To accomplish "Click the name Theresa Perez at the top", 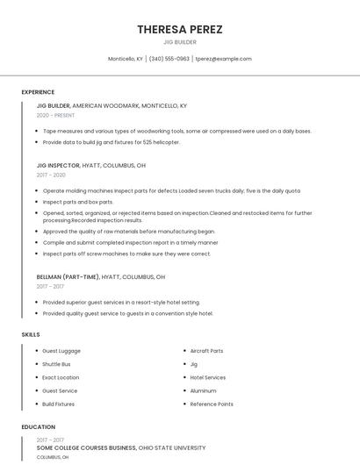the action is [x=179, y=29].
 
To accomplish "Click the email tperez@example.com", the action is [x=223, y=59].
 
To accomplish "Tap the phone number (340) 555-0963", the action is [x=169, y=59].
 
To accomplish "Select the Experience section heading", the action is [x=38, y=92].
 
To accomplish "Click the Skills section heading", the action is [x=30, y=334].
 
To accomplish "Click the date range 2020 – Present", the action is [x=55, y=115].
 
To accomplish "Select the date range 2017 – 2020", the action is [x=51, y=175].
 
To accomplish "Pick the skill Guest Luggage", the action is [x=61, y=351].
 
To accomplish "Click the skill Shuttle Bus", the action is [x=56, y=364].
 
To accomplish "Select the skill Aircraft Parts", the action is [x=206, y=351].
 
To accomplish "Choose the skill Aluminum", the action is [x=203, y=390].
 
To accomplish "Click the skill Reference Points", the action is [x=212, y=404].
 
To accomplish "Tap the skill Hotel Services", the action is [x=207, y=377].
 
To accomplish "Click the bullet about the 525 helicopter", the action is [x=111, y=142].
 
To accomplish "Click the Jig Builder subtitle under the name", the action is [x=179, y=42].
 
